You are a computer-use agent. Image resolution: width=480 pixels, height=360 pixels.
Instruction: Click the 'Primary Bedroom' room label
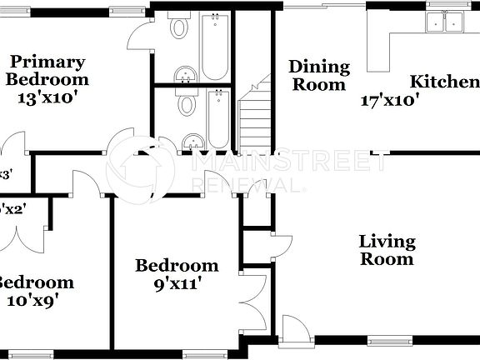pyautogui.click(x=47, y=70)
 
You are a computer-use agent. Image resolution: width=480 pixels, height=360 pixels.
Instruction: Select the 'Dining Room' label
pyautogui.click(x=317, y=75)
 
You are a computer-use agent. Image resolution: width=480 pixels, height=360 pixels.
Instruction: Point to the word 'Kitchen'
pyautogui.click(x=444, y=82)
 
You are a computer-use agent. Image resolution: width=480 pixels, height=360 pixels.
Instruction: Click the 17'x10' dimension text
pyautogui.click(x=388, y=101)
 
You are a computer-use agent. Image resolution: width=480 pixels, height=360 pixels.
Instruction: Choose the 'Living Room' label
pyautogui.click(x=387, y=250)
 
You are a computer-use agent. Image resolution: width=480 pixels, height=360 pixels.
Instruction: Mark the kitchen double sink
pyautogui.click(x=443, y=22)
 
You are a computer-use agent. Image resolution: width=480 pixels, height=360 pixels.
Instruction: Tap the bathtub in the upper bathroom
pyautogui.click(x=214, y=46)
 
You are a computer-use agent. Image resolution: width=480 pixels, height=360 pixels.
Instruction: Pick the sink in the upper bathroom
pyautogui.click(x=186, y=73)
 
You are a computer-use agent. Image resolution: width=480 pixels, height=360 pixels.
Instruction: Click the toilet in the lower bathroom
pyautogui.click(x=187, y=104)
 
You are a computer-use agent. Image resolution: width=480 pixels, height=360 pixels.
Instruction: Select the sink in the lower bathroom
pyautogui.click(x=192, y=142)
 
